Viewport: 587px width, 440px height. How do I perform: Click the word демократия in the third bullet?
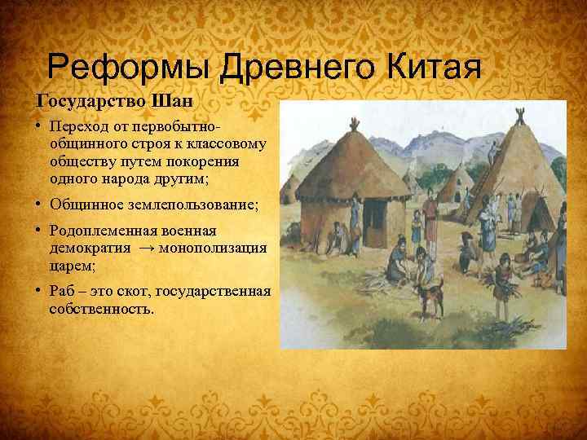pyautogui.click(x=86, y=248)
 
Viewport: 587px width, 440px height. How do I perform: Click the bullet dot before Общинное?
pyautogui.click(x=38, y=203)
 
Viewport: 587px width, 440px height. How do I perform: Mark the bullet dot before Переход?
pyautogui.click(x=38, y=127)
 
